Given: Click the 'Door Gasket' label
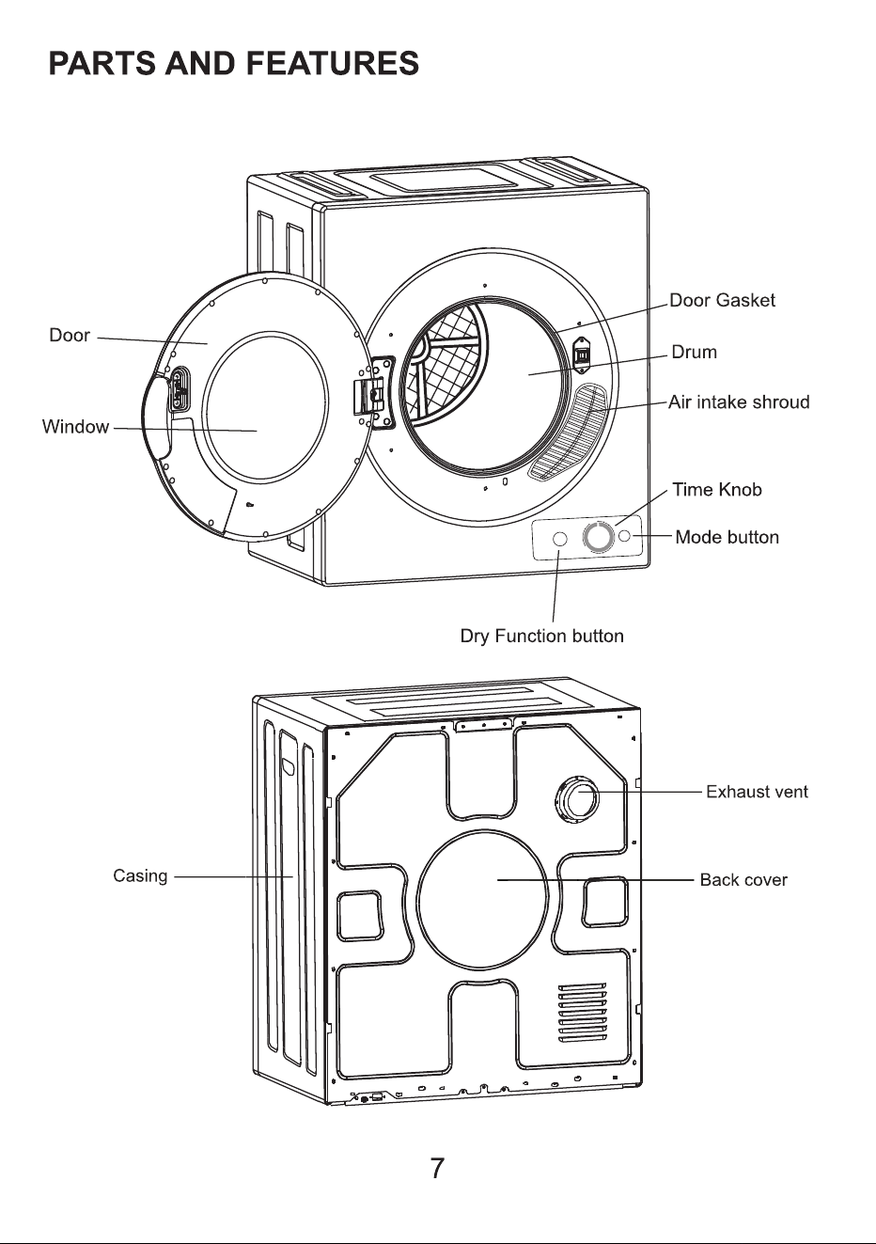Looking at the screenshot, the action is click(722, 301).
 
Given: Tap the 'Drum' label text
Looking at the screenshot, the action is click(694, 352).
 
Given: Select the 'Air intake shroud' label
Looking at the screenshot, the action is click(739, 402).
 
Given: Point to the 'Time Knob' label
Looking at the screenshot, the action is click(717, 490).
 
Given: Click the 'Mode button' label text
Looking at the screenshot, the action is click(727, 537).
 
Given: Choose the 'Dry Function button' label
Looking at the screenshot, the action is click(541, 636).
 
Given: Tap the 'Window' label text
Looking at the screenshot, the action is click(75, 427).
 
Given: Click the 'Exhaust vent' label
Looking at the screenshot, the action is click(757, 792).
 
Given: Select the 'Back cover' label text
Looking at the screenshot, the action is click(743, 880).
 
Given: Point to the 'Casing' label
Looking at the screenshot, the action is click(140, 875).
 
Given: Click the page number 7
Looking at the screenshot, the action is click(437, 1169).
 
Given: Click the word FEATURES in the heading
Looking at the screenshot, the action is click(333, 63).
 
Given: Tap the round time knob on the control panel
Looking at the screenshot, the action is click(599, 537).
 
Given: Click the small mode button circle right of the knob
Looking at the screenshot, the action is click(624, 536).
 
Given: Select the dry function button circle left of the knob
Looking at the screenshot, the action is click(561, 539).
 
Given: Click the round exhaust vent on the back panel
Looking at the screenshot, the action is click(577, 798).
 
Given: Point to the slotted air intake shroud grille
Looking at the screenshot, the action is click(569, 431).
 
